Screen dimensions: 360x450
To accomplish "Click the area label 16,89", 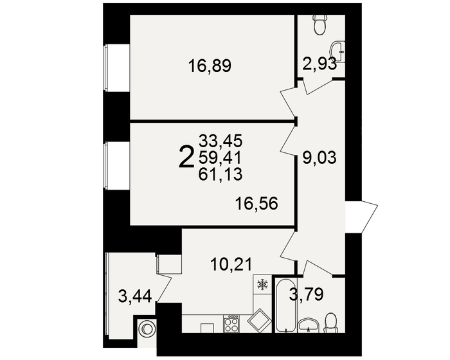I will click(210, 66).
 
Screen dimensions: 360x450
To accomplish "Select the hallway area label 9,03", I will click(319, 157).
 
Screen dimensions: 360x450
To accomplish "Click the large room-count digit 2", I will click(186, 156).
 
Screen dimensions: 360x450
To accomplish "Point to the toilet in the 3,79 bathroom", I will click(331, 322).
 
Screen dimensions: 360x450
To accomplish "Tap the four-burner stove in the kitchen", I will click(231, 323).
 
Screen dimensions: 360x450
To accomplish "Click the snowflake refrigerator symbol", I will click(262, 285).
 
